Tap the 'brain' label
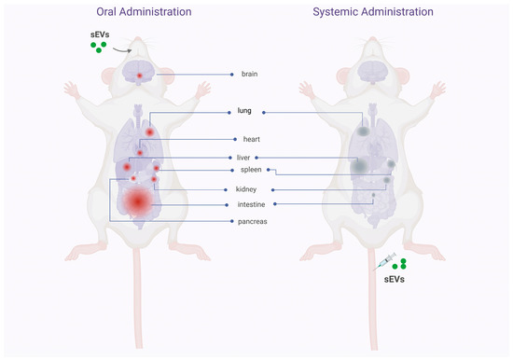(x=248, y=74)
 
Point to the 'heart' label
(x=250, y=139)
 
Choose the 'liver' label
(x=243, y=158)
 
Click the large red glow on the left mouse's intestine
(x=139, y=201)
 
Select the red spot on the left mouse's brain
(x=139, y=75)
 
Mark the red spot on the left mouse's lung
(x=149, y=132)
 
